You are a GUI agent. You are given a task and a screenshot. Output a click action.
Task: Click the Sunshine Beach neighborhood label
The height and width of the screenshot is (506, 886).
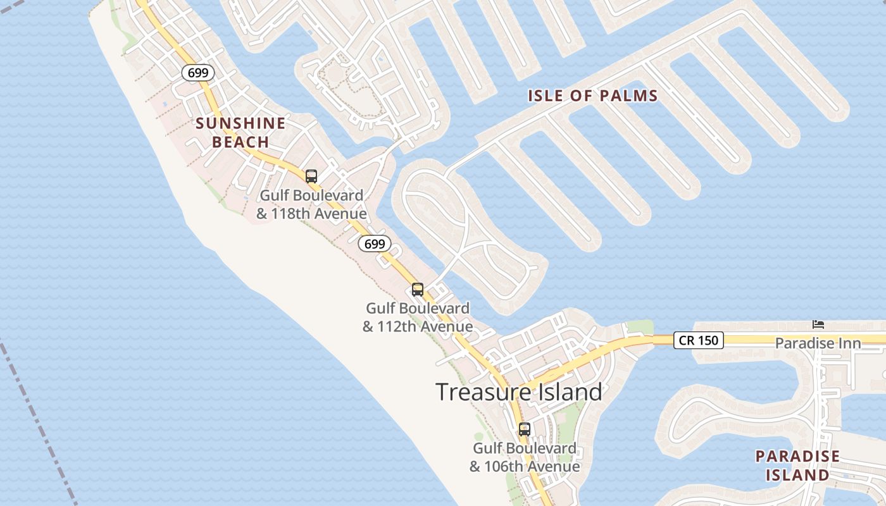(x=240, y=132)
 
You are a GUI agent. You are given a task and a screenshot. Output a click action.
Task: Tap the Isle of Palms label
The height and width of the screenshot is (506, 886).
(x=593, y=96)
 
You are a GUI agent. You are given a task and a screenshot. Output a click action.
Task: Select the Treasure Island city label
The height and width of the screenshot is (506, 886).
(x=518, y=392)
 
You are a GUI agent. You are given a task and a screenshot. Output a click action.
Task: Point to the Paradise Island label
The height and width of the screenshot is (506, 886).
(x=797, y=466)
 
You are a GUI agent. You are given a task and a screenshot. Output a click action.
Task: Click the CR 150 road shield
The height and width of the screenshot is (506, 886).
(x=698, y=340)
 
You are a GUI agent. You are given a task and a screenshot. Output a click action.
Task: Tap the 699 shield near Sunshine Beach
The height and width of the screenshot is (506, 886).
(x=198, y=73)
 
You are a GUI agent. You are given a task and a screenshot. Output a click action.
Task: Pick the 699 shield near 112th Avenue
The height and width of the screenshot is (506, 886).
(x=375, y=244)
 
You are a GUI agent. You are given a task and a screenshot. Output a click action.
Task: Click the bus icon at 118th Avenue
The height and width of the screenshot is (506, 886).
(x=311, y=176)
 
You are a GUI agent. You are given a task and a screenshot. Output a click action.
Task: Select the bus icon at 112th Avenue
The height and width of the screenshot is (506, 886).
(x=418, y=290)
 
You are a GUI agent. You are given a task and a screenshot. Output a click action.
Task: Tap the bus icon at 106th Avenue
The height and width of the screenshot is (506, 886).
(x=524, y=429)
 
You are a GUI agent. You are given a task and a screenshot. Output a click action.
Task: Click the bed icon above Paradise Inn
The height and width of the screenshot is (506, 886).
(x=818, y=324)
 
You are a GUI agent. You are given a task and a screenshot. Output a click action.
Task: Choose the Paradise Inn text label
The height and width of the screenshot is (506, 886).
(x=818, y=343)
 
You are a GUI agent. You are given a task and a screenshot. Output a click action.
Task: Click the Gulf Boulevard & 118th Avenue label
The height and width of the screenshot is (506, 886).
(x=311, y=204)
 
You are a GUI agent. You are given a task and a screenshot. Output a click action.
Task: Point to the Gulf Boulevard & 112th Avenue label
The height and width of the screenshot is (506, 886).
(x=418, y=318)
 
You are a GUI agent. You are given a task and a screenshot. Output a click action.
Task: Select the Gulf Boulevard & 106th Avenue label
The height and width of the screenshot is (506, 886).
(x=525, y=457)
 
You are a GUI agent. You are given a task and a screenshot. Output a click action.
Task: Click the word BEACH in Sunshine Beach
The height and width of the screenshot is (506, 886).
(x=240, y=142)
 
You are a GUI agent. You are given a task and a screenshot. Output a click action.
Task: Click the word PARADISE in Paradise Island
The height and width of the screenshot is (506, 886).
(x=797, y=456)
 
